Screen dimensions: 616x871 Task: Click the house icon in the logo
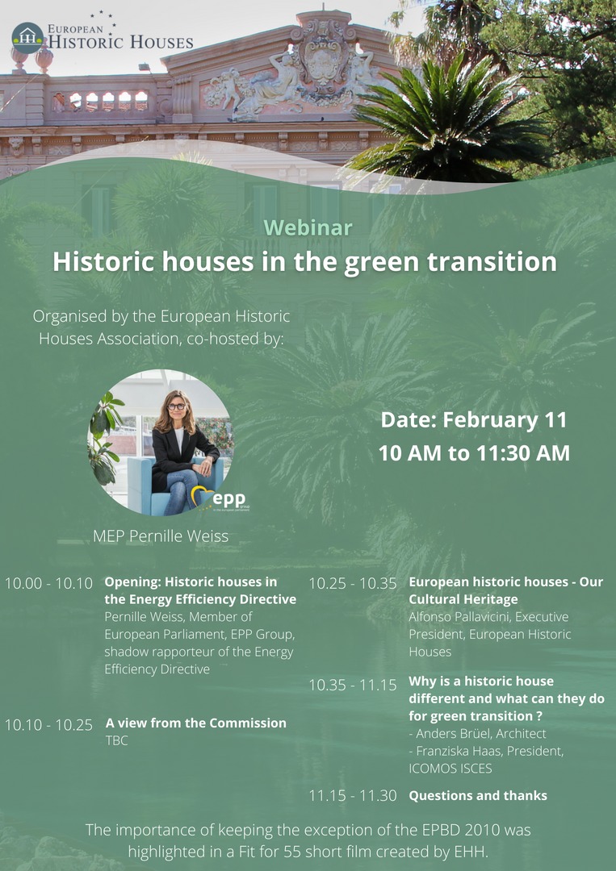tap(27, 37)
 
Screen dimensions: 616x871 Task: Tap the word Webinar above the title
tap(308, 227)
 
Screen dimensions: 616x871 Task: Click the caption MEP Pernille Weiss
tap(161, 536)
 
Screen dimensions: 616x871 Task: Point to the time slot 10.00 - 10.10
tap(49, 583)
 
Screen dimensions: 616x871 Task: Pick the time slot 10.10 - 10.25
tap(49, 724)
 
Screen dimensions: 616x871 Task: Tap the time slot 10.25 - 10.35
tap(353, 583)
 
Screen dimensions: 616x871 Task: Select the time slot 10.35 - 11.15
tap(353, 685)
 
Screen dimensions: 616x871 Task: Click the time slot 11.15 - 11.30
tap(353, 795)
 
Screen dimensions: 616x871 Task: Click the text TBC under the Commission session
tap(117, 740)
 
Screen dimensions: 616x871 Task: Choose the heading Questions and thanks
tap(478, 795)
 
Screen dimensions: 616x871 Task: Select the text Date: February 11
tap(474, 420)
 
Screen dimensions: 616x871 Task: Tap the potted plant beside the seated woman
tap(107, 436)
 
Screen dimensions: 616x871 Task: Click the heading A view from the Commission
tap(195, 723)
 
